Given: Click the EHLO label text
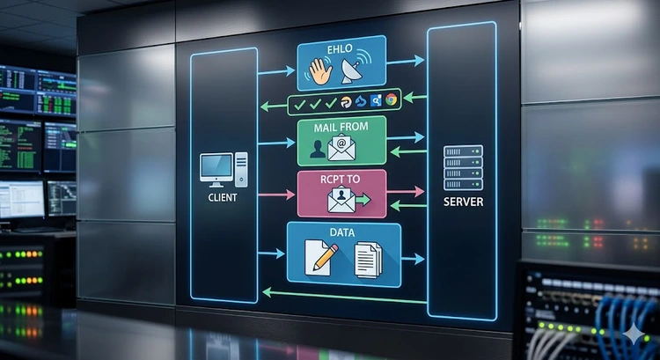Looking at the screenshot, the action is [x=340, y=48].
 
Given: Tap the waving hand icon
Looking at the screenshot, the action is [x=320, y=71].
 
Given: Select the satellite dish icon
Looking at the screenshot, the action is [x=356, y=69].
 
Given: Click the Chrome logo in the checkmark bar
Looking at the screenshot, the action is [x=391, y=99].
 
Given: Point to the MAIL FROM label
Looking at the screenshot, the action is [x=341, y=127].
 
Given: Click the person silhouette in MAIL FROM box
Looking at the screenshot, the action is [x=317, y=149].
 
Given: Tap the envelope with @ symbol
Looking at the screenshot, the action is [x=341, y=148].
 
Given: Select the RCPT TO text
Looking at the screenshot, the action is [x=340, y=180].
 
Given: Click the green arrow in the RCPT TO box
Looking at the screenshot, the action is [x=363, y=199].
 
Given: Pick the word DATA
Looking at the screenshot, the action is [x=342, y=232].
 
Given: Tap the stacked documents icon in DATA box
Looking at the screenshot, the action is [x=369, y=260].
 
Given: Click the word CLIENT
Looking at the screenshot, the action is [x=223, y=197].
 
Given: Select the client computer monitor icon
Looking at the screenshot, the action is [x=216, y=169].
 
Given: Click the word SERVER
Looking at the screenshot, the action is [x=463, y=202].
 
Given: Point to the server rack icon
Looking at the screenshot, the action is [x=463, y=167].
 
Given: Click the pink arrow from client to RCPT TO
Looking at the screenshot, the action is [x=276, y=195].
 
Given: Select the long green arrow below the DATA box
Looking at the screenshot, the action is [x=344, y=296].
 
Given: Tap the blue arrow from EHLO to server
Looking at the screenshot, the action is [x=405, y=61].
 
